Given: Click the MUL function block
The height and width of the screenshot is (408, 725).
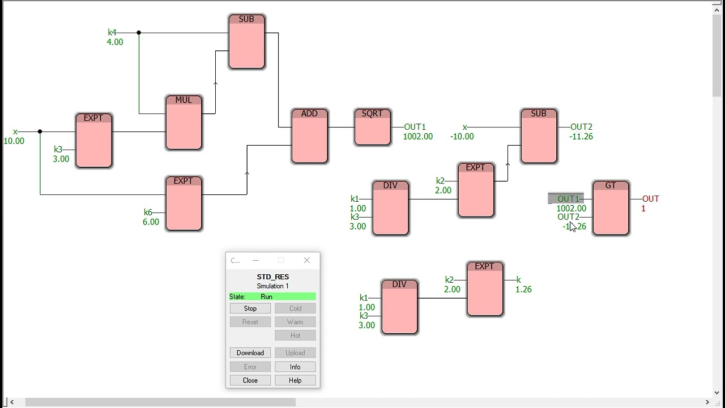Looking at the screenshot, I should pos(184,122).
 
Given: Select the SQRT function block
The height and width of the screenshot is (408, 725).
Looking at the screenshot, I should pos(372,127).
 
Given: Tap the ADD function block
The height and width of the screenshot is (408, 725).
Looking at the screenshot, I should pos(309,136).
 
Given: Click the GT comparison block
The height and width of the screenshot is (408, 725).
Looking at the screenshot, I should pos(611,207).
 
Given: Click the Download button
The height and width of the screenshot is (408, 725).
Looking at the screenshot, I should pos(250,352).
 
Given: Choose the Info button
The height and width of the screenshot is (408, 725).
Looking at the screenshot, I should pos(295,367).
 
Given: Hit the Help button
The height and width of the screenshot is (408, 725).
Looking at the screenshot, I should pos(295,380).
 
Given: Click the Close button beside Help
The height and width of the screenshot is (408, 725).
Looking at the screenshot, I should pos(250,380).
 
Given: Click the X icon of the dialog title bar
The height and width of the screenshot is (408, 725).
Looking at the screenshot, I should pos(307,260).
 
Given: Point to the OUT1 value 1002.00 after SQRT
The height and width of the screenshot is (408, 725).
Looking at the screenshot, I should pos(417,137).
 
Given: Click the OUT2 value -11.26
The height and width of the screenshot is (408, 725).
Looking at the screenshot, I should pos(581,137).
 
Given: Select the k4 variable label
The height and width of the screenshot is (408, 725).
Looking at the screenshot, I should pos(112,32).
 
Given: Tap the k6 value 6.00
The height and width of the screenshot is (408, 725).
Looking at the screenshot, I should pos(151,222).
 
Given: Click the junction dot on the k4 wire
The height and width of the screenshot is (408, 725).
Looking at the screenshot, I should pos(139,33).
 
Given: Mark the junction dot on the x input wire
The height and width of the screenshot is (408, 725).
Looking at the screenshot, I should pos(40,131).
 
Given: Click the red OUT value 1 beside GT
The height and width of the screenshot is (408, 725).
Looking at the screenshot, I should pos(643,209).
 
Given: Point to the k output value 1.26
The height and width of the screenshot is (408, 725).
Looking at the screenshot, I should pos(523,290).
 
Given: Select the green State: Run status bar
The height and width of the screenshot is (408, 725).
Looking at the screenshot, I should pos(272,296).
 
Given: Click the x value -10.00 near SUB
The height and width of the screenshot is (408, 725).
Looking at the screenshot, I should pos(462,137).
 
